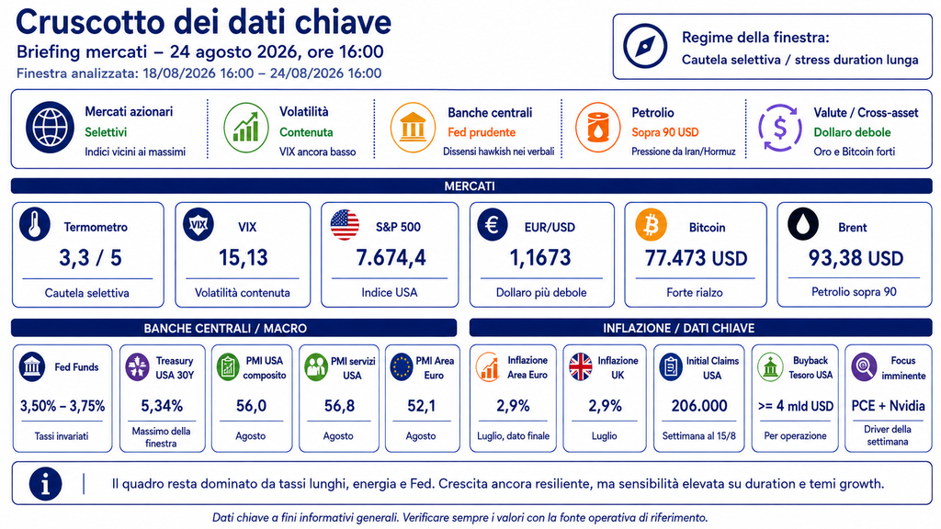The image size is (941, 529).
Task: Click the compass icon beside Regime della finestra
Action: [x=645, y=46]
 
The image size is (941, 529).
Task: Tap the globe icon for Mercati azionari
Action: [x=50, y=128]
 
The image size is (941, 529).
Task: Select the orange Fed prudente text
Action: [x=482, y=132]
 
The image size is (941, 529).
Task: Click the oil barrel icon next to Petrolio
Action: [x=597, y=127]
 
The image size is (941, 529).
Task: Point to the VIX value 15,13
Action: [x=243, y=258]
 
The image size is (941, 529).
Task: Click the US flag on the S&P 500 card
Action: [x=346, y=225]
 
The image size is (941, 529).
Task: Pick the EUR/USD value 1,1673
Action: [x=540, y=258]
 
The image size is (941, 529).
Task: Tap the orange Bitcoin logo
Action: [x=651, y=225]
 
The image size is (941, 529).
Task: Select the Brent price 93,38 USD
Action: [x=856, y=258]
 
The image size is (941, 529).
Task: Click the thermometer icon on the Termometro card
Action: [x=35, y=225]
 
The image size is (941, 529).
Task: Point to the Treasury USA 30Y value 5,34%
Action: [x=162, y=406]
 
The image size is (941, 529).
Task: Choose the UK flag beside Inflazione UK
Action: [x=581, y=366]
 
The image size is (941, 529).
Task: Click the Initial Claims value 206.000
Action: [x=699, y=406]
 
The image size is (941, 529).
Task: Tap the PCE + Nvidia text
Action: [x=889, y=406]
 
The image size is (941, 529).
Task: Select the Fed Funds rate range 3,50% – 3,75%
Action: [x=62, y=406]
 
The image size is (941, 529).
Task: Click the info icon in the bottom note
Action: [x=46, y=483]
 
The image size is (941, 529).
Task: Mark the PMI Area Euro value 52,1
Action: [x=421, y=406]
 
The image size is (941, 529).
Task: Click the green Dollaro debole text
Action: [x=852, y=132]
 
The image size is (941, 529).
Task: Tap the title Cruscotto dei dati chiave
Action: [x=203, y=22]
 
